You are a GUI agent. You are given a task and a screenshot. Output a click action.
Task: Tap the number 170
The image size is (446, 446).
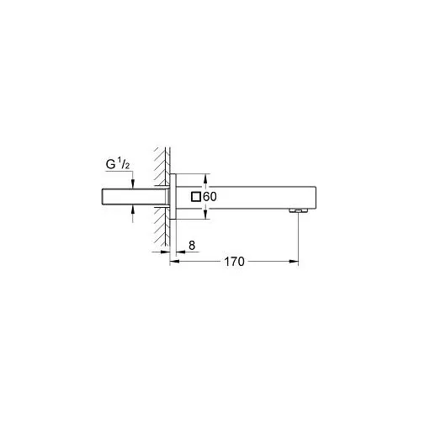234,263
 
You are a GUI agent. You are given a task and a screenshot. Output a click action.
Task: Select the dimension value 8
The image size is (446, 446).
194,245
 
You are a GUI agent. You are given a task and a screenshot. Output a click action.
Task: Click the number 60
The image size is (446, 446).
211,196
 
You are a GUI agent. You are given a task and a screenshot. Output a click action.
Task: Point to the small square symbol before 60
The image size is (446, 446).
197,196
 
